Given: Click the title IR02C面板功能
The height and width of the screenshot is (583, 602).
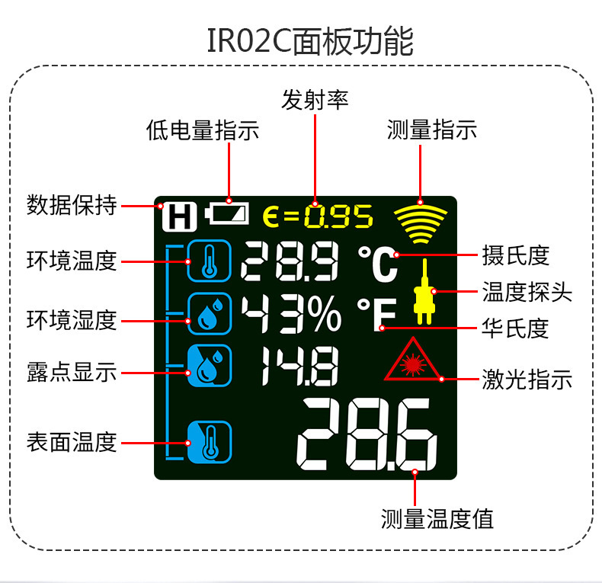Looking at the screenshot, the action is [x=310, y=40].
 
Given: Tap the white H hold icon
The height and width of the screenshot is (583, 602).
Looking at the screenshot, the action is [x=178, y=216].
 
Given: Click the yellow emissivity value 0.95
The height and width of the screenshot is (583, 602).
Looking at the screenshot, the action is [x=338, y=217].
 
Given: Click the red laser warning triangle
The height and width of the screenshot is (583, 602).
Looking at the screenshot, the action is [x=413, y=360].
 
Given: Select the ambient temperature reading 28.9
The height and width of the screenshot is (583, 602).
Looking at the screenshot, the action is [x=290, y=262].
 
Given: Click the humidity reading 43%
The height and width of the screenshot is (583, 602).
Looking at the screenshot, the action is [x=292, y=315].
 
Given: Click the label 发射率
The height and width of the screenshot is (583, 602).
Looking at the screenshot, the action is [x=315, y=100].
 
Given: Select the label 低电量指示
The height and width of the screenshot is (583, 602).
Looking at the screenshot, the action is [x=203, y=130].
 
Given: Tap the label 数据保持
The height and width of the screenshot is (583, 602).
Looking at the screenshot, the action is [x=72, y=206].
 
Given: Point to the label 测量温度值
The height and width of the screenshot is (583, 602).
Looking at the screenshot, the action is [x=437, y=519].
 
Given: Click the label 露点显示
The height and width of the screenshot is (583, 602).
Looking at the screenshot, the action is [x=72, y=373].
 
